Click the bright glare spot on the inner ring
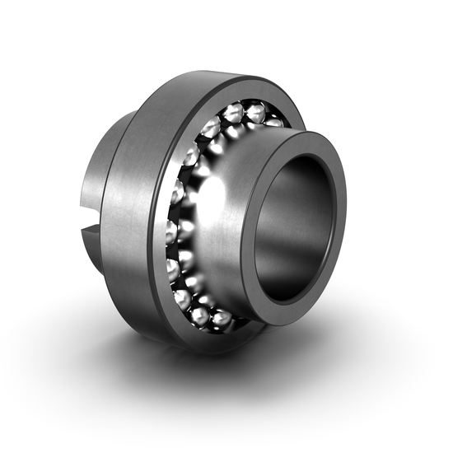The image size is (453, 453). tap(212, 196)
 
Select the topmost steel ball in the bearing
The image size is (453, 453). tap(234, 112)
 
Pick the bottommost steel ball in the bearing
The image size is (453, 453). tap(200, 315)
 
